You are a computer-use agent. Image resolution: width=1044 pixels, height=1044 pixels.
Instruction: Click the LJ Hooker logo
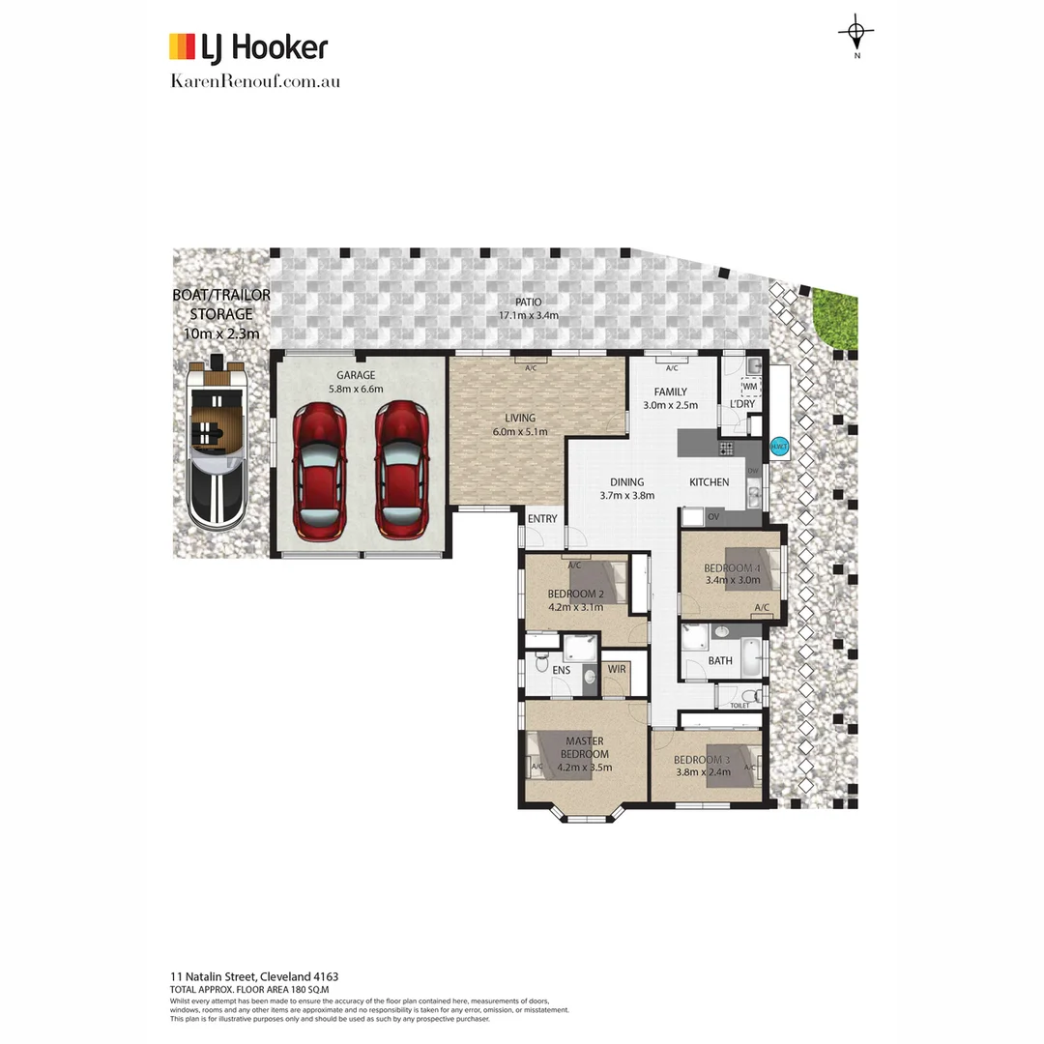pyautogui.click(x=248, y=46)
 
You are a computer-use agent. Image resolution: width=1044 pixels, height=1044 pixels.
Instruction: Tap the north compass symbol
pyautogui.click(x=856, y=34)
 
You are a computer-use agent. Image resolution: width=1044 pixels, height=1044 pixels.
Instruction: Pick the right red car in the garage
pyautogui.click(x=401, y=470)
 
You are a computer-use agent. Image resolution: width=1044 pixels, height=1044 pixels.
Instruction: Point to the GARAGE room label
pyautogui.click(x=356, y=375)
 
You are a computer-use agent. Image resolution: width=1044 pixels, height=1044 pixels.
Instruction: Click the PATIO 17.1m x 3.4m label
pyautogui.click(x=528, y=308)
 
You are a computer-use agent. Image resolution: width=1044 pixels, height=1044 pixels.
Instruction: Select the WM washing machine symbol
pyautogui.click(x=749, y=387)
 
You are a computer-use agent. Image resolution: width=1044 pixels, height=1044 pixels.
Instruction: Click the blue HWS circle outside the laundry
pyautogui.click(x=779, y=447)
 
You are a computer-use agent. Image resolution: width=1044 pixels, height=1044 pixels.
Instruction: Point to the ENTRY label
pyautogui.click(x=542, y=519)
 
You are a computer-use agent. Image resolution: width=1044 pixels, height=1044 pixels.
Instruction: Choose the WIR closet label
pyautogui.click(x=615, y=669)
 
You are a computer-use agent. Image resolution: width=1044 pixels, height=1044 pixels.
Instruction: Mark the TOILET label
pyautogui.click(x=739, y=707)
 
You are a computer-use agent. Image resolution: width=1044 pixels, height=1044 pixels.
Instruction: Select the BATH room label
pyautogui.click(x=720, y=661)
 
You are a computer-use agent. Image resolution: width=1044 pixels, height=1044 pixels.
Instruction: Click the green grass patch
pyautogui.click(x=838, y=317)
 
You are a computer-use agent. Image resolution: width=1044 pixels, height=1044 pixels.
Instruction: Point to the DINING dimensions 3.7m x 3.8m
pyautogui.click(x=626, y=496)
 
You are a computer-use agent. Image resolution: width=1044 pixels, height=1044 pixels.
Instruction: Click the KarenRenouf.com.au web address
pyautogui.click(x=254, y=81)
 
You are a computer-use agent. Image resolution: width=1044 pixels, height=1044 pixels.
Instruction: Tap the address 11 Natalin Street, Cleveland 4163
pyautogui.click(x=253, y=977)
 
